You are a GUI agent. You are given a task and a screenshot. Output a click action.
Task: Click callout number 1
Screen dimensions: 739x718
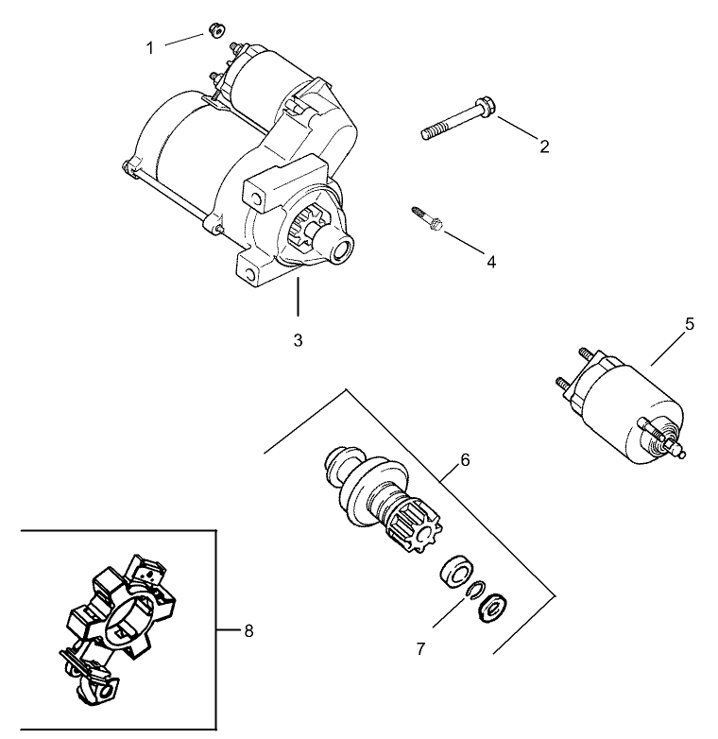click(149, 47)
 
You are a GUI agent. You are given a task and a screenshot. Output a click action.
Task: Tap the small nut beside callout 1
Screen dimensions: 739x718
click(214, 31)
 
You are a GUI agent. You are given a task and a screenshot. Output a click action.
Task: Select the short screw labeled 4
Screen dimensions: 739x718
click(428, 217)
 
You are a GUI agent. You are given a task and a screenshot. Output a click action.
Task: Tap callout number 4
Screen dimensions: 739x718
click(490, 262)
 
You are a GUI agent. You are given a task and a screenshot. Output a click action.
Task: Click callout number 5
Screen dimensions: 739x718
click(689, 324)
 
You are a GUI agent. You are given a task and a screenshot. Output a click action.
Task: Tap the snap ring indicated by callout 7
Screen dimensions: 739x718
click(472, 591)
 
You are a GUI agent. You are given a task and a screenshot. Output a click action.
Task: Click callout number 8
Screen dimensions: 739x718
click(248, 630)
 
